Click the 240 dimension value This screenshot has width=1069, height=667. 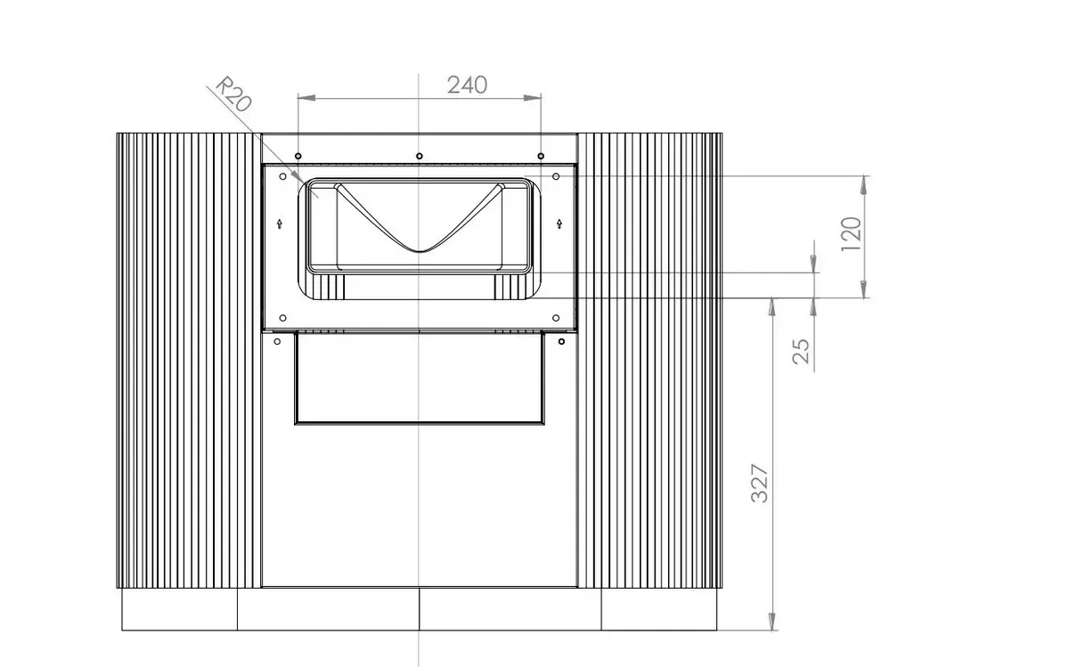click(467, 85)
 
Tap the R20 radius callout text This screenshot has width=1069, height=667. click(233, 94)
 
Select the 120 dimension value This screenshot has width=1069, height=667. click(851, 234)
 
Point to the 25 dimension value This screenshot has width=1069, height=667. click(801, 352)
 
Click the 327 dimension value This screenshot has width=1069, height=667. click(759, 484)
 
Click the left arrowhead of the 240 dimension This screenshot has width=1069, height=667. click(306, 98)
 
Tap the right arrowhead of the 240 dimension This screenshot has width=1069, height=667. click(532, 98)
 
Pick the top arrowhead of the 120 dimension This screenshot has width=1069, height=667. click(864, 185)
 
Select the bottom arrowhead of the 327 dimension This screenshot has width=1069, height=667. click(771, 622)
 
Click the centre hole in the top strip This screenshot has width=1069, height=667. click(419, 156)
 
